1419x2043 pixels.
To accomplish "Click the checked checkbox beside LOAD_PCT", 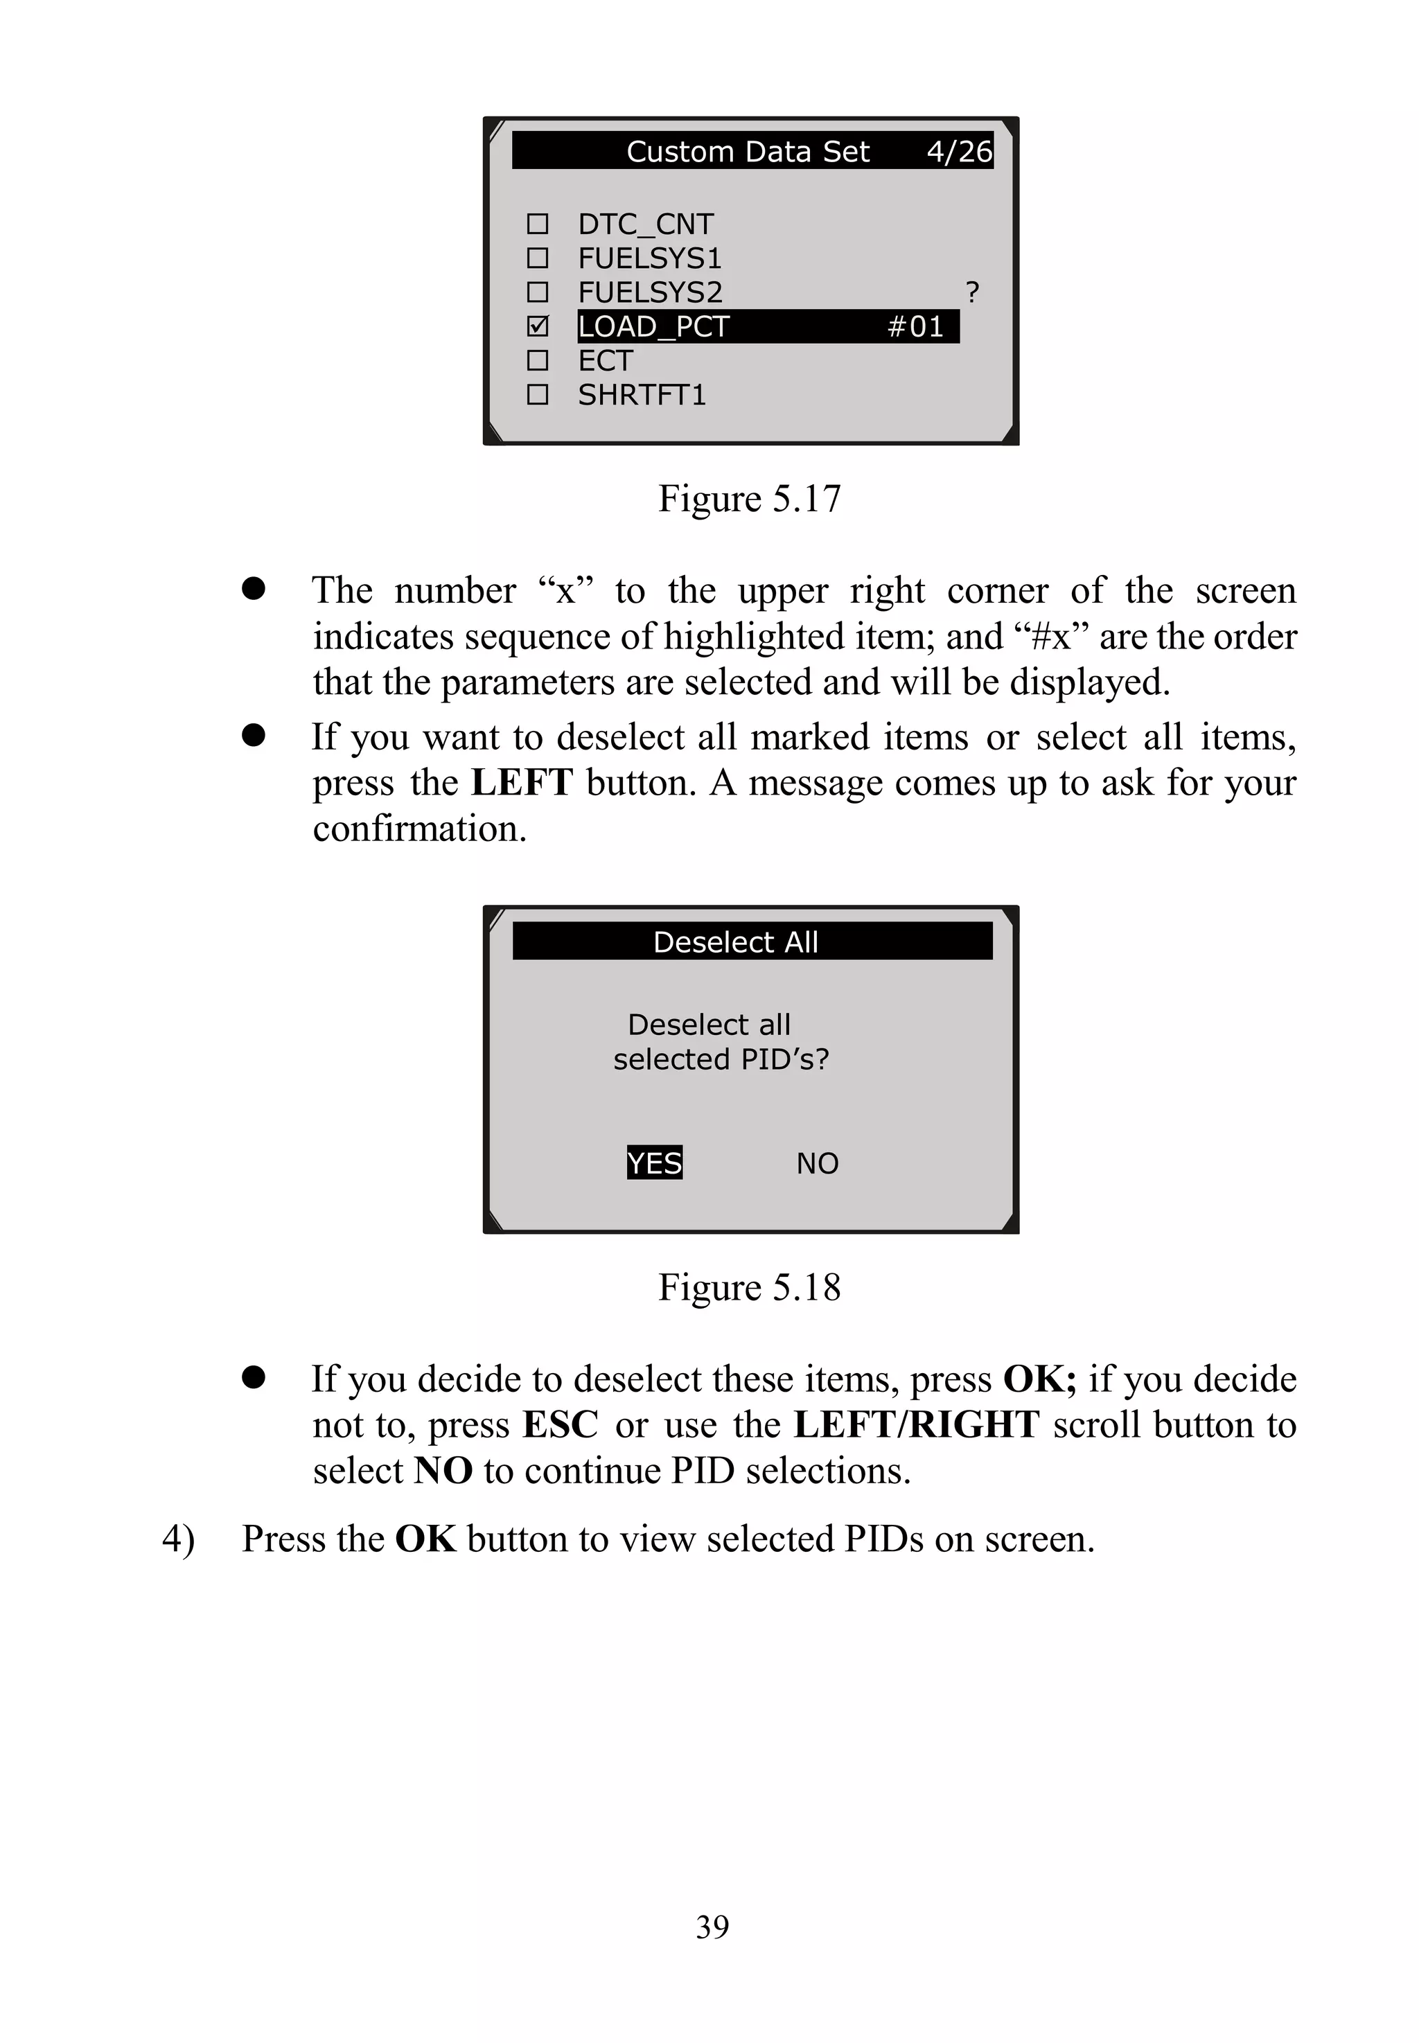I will [x=538, y=326].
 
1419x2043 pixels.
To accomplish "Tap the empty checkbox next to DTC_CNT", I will [x=538, y=223].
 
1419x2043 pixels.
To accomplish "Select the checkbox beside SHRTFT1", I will [x=538, y=393].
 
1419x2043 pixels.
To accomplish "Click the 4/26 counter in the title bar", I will [x=958, y=151].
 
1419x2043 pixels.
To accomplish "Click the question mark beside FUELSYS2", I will [x=972, y=292].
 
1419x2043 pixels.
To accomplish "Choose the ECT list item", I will [x=606, y=360].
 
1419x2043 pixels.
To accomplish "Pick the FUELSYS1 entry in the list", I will [x=650, y=258].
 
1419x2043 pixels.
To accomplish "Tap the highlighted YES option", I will [x=654, y=1162].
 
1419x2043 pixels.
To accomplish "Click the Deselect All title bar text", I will [x=735, y=941].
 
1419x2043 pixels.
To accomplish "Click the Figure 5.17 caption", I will [x=748, y=498].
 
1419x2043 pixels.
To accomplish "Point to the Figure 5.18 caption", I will [x=748, y=1286].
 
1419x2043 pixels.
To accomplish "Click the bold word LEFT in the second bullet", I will [x=522, y=782].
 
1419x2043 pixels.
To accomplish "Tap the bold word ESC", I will [x=560, y=1424].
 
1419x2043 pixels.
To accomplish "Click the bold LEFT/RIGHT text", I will [x=916, y=1424].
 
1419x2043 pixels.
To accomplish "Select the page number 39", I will [x=712, y=1927].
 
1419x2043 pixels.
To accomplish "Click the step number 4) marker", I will [x=178, y=1539].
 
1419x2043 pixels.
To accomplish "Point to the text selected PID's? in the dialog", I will [x=720, y=1059].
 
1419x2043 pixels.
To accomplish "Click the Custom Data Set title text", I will [x=747, y=151].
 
